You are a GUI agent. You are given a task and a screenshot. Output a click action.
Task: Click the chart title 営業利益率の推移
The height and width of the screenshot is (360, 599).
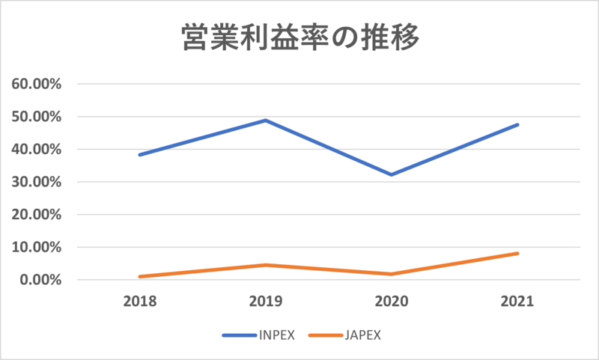pyautogui.click(x=299, y=38)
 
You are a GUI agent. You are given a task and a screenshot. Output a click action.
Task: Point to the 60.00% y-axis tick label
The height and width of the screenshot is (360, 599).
pyautogui.click(x=38, y=84)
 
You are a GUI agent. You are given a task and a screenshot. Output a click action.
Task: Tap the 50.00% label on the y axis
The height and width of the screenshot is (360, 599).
pyautogui.click(x=38, y=117)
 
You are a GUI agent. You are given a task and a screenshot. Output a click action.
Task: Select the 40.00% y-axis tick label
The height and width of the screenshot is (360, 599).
pyautogui.click(x=38, y=149)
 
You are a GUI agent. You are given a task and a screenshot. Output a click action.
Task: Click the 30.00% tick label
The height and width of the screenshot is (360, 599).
pyautogui.click(x=38, y=182)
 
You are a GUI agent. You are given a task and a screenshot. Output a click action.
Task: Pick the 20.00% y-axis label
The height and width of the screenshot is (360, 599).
pyautogui.click(x=38, y=215)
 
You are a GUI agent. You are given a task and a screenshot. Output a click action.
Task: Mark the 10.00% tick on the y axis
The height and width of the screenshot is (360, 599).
pyautogui.click(x=38, y=247)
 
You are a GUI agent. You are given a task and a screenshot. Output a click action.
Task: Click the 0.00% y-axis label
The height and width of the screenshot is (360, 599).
pyautogui.click(x=42, y=280)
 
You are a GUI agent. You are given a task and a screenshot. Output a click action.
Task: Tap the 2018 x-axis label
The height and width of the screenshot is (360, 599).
pyautogui.click(x=139, y=302)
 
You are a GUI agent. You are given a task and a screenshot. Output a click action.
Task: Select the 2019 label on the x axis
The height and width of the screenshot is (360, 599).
pyautogui.click(x=265, y=302)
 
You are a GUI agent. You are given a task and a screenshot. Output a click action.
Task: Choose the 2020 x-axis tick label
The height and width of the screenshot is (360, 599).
pyautogui.click(x=391, y=302)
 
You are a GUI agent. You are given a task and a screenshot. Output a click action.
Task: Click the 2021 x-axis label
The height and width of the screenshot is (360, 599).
pyautogui.click(x=517, y=302)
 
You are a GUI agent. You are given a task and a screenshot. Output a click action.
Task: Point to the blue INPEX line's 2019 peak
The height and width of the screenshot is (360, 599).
pyautogui.click(x=265, y=120)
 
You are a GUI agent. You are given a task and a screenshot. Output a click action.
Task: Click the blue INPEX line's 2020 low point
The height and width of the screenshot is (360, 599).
pyautogui.click(x=391, y=174)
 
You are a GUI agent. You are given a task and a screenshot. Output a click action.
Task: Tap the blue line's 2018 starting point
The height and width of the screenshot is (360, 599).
pyautogui.click(x=139, y=155)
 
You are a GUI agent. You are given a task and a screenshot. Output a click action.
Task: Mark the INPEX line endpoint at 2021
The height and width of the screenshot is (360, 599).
pyautogui.click(x=517, y=125)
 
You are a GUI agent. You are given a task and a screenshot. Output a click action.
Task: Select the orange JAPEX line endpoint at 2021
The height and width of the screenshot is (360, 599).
pyautogui.click(x=517, y=254)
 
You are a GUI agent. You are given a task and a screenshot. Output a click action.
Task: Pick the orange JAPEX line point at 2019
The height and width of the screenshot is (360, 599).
pyautogui.click(x=265, y=265)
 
